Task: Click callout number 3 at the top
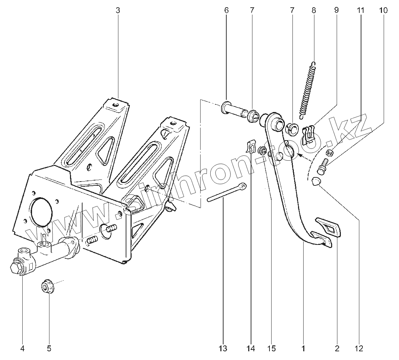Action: [x=118, y=10]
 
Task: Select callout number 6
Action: [x=226, y=10]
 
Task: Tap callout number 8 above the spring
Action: [x=314, y=10]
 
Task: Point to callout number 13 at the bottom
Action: [x=223, y=348]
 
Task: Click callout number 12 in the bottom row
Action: [x=359, y=348]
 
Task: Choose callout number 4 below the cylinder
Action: [x=22, y=348]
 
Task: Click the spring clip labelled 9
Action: [x=309, y=135]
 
